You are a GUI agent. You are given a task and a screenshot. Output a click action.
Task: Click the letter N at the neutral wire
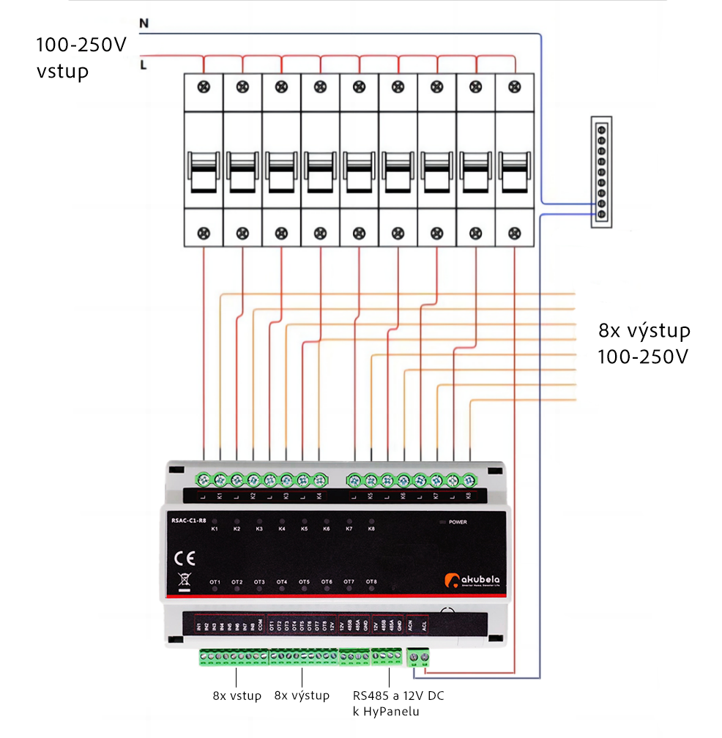[x=144, y=23]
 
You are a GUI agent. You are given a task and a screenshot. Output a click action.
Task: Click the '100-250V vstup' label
[x=81, y=58]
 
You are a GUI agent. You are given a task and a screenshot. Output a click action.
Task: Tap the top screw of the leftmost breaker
[x=204, y=87]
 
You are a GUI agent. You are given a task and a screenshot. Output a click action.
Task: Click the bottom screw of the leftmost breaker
[x=204, y=234]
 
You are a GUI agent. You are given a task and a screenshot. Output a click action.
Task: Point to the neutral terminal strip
[x=601, y=171]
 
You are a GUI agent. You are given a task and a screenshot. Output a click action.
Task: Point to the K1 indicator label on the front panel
[x=215, y=528]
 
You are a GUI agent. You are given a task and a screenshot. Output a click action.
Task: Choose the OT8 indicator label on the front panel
[x=371, y=582]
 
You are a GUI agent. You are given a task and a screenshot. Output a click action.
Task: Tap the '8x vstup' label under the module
[x=237, y=696]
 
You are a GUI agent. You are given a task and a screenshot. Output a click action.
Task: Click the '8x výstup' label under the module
[x=302, y=696]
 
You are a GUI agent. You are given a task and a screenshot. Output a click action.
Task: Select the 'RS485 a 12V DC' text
[x=398, y=696]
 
